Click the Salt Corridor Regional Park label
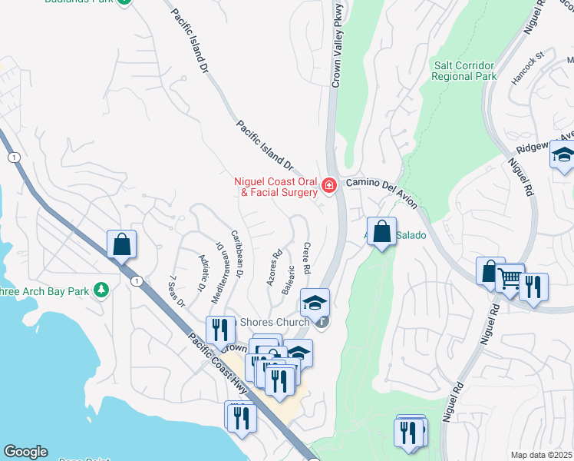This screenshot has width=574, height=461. [465, 71]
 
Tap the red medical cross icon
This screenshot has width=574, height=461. [329, 186]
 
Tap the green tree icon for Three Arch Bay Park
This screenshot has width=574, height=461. [99, 290]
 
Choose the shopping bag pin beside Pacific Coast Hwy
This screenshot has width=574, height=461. [121, 245]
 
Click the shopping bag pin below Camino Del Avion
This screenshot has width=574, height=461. [381, 231]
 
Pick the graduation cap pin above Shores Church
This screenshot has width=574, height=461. [315, 303]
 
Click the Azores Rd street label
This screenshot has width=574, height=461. [274, 267]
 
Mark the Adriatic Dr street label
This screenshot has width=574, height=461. [202, 274]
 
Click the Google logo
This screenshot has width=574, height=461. [25, 452]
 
